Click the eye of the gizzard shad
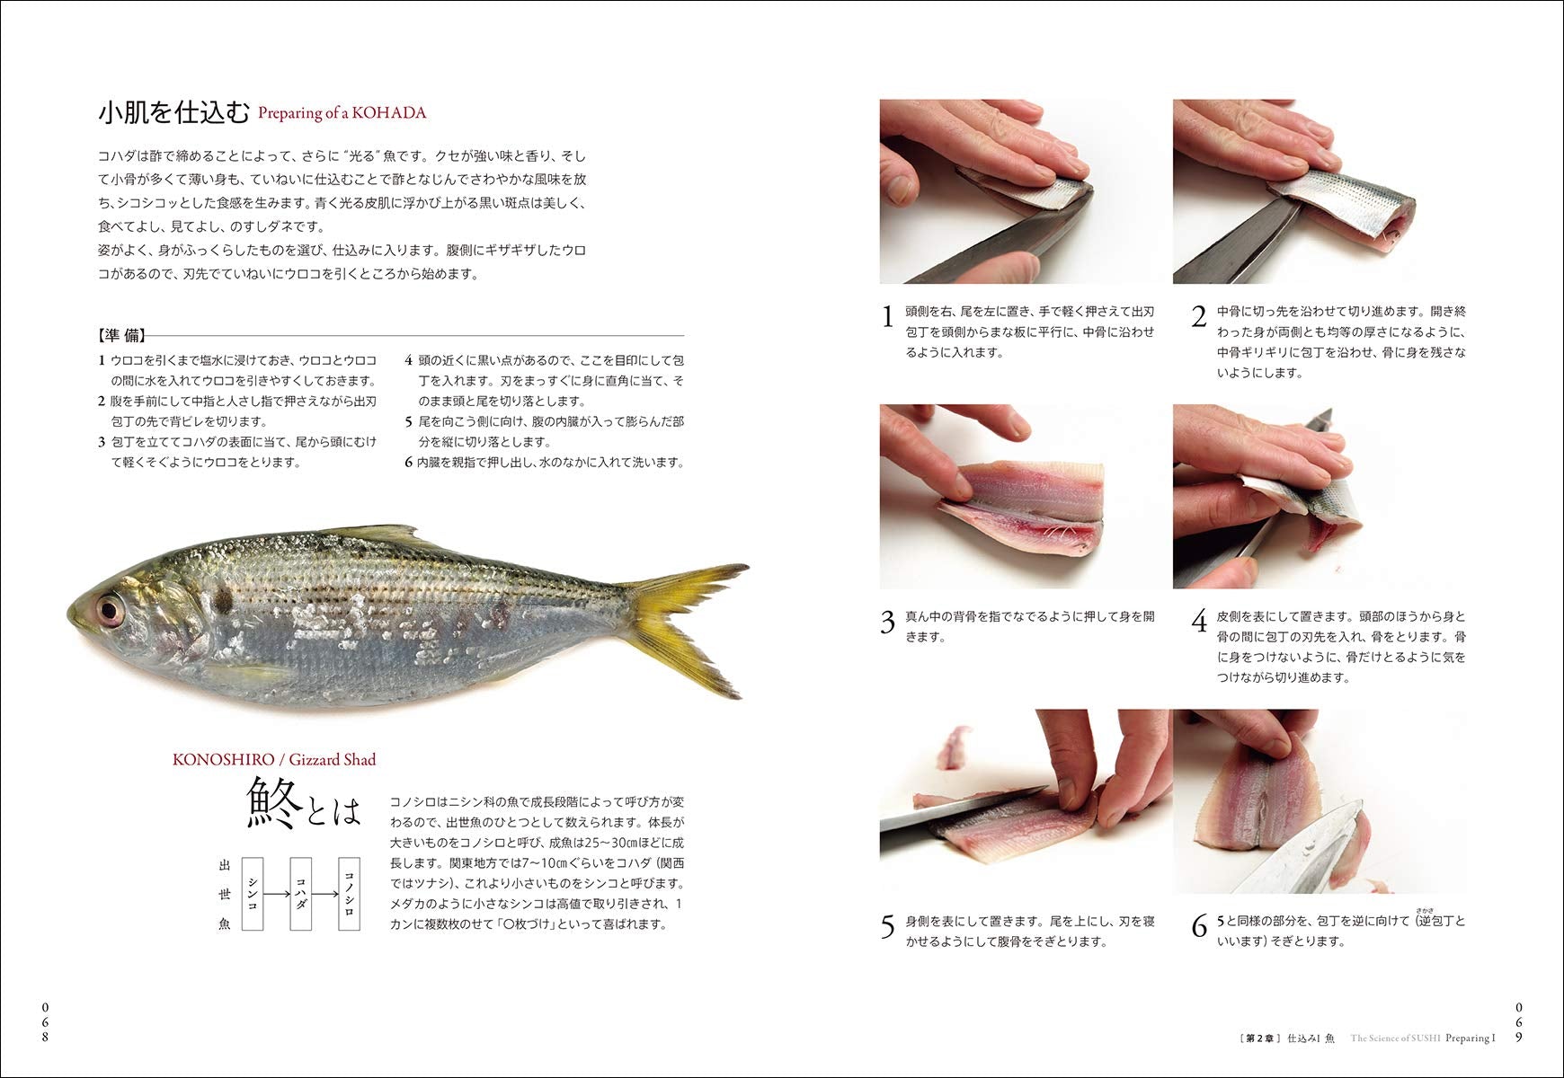coord(111,611)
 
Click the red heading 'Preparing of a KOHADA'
coord(342,113)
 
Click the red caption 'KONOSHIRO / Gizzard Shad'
coord(274,760)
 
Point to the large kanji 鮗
coord(274,803)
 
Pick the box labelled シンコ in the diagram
coord(253,893)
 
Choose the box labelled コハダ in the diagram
coord(300,893)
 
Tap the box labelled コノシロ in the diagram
coord(349,893)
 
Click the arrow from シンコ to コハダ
coord(277,893)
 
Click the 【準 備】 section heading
coord(122,335)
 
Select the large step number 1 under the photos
coord(888,317)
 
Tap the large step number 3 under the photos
coord(888,622)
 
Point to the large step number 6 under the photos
coord(1199,926)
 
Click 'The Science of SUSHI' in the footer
coord(1395,1038)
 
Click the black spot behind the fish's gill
coord(222,597)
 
